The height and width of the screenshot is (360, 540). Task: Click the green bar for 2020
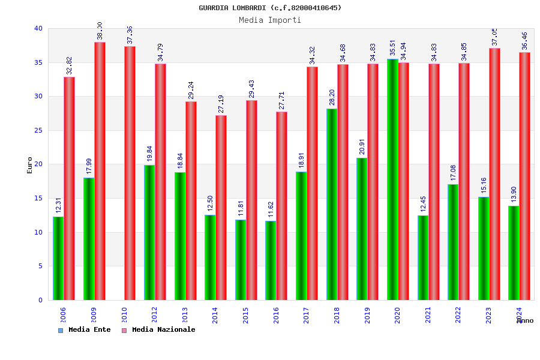(x=392, y=179)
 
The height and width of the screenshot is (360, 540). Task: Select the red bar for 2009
(x=100, y=171)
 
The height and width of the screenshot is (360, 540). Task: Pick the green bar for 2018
(x=332, y=204)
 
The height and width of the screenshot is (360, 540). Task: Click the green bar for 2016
(x=271, y=260)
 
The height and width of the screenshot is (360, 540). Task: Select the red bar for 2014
(x=221, y=208)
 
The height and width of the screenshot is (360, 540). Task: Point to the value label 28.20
(x=332, y=96)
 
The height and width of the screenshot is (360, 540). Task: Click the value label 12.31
(x=59, y=205)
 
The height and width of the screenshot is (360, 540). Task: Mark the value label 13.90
(x=514, y=194)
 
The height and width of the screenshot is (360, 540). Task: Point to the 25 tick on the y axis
(x=38, y=130)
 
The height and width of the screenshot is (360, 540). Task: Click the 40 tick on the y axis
(x=38, y=28)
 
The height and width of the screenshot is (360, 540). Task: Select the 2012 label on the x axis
(x=154, y=315)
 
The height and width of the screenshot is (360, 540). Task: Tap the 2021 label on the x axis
(x=428, y=315)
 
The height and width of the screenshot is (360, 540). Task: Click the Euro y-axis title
(x=30, y=165)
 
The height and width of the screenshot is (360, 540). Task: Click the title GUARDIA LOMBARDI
(x=270, y=8)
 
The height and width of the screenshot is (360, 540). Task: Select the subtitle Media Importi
(x=270, y=20)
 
